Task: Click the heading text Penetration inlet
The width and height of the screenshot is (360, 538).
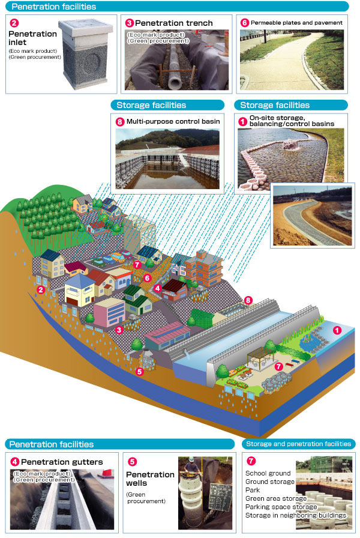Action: [x=32, y=39]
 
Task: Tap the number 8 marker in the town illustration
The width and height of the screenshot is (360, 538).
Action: [x=248, y=300]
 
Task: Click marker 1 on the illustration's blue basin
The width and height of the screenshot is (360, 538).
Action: [x=337, y=330]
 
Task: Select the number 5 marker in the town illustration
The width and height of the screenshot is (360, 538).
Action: [x=140, y=372]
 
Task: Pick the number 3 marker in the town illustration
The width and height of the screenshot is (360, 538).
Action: [x=119, y=330]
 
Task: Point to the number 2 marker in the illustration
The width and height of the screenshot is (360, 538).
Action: [x=41, y=289]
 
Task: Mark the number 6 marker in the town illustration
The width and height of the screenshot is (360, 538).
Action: [x=147, y=278]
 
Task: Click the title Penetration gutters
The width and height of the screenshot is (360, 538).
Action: [x=62, y=462]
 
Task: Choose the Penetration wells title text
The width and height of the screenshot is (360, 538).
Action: [x=150, y=479]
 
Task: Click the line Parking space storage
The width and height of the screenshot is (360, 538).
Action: [x=281, y=507]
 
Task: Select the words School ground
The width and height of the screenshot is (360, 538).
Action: [x=268, y=473]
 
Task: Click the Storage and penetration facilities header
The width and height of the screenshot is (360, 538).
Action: [x=298, y=444]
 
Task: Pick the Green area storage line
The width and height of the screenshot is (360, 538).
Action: [x=275, y=498]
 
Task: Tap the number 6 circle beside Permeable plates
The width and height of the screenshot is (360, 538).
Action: [x=244, y=23]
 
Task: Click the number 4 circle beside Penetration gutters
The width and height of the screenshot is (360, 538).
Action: [x=15, y=462]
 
